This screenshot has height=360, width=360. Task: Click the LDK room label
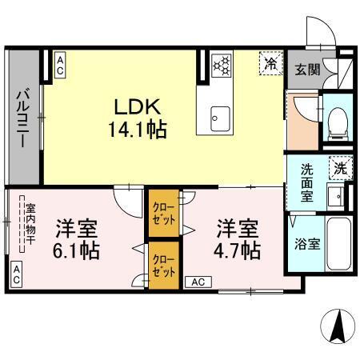[x=144, y=107]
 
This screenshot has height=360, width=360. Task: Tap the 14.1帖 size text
[x=144, y=129]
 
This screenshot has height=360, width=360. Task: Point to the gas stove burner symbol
[x=221, y=64]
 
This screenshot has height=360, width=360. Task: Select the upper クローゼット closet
[x=162, y=213]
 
